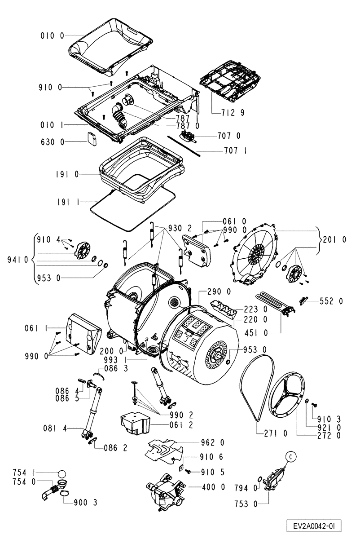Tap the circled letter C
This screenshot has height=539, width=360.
click(x=291, y=457)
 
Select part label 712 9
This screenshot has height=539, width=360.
click(x=233, y=113)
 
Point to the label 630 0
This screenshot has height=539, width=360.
click(x=53, y=142)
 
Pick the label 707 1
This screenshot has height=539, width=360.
click(x=235, y=151)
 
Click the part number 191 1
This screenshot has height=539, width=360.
click(x=68, y=202)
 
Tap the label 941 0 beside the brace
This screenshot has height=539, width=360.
click(x=18, y=260)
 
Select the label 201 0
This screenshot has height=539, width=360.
click(x=335, y=239)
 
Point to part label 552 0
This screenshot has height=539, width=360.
click(x=331, y=301)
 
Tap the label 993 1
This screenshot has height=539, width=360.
click(x=114, y=360)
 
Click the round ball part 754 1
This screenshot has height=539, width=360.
click(x=62, y=474)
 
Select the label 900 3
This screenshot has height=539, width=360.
click(x=85, y=503)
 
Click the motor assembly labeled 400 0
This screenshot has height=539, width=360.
click(x=166, y=490)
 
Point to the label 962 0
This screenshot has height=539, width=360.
click(x=212, y=442)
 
